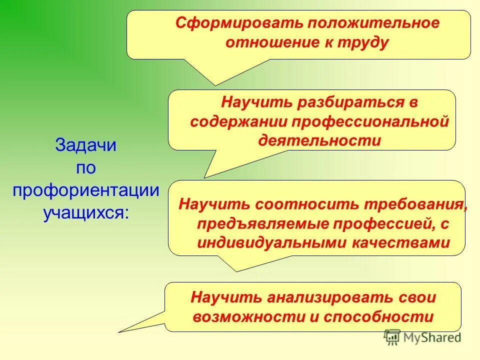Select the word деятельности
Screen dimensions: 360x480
click(319, 140)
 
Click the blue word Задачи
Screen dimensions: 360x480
click(85, 145)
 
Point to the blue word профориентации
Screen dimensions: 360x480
click(85, 190)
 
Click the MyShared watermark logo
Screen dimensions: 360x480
click(422, 337)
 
